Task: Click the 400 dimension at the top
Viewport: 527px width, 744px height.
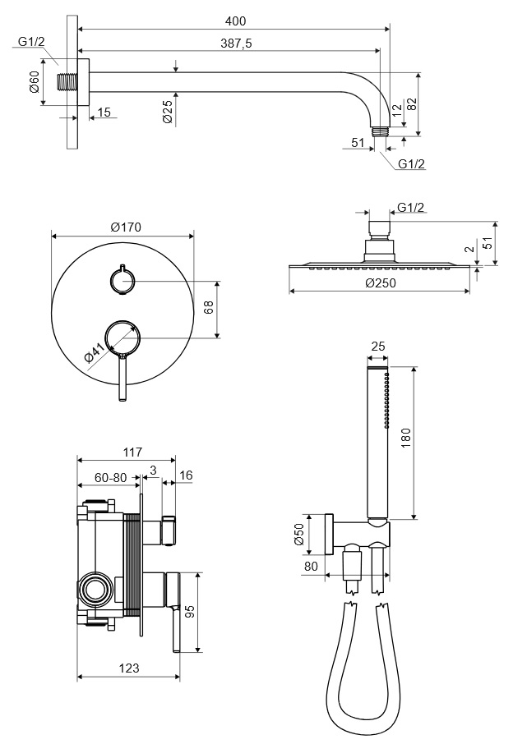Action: point(234,20)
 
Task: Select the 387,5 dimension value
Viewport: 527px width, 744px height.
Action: point(235,43)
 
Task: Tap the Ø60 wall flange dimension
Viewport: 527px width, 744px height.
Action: point(35,83)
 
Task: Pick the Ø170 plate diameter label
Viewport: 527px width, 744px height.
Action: point(123,227)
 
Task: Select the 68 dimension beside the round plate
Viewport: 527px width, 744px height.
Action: point(209,308)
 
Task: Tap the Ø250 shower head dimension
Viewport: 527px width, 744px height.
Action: point(380,282)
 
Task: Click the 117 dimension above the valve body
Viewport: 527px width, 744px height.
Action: point(132,452)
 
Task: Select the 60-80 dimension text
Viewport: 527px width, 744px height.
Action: point(111,475)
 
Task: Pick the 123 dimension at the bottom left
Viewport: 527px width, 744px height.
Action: point(127,669)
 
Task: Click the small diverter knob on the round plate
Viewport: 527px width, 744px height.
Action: point(123,281)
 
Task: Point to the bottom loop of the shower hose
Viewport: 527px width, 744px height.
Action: point(366,727)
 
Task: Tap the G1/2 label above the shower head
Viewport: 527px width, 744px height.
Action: point(411,207)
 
